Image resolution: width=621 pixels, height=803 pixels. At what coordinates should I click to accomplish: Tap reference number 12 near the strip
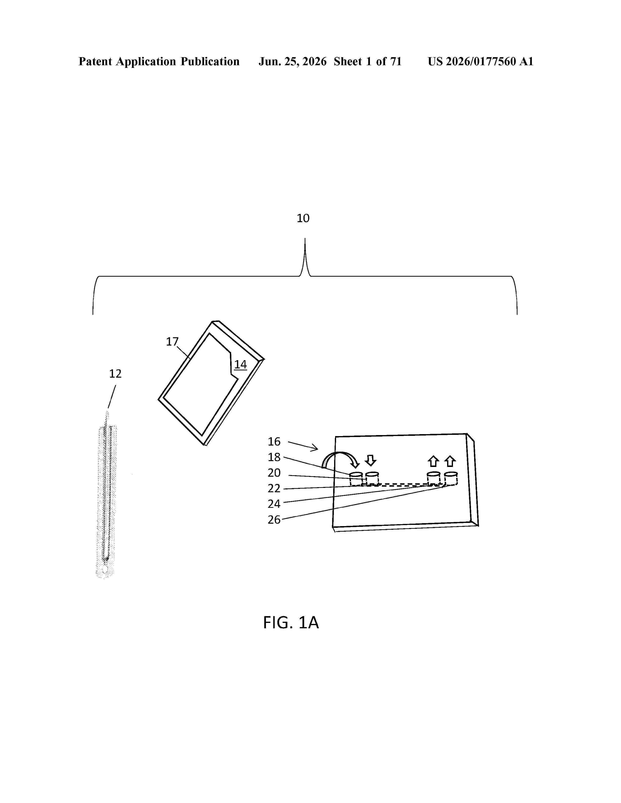pyautogui.click(x=115, y=374)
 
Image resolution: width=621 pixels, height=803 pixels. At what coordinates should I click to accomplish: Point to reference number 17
pyautogui.click(x=172, y=342)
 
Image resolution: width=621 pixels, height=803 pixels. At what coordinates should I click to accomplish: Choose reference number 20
pyautogui.click(x=274, y=473)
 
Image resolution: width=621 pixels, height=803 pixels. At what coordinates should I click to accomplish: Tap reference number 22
pyautogui.click(x=274, y=488)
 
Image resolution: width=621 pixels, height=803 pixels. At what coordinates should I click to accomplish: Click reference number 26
pyautogui.click(x=274, y=520)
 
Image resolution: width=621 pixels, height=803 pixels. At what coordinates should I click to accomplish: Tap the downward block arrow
pyautogui.click(x=370, y=460)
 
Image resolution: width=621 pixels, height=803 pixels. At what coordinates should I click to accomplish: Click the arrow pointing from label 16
pyautogui.click(x=303, y=445)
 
